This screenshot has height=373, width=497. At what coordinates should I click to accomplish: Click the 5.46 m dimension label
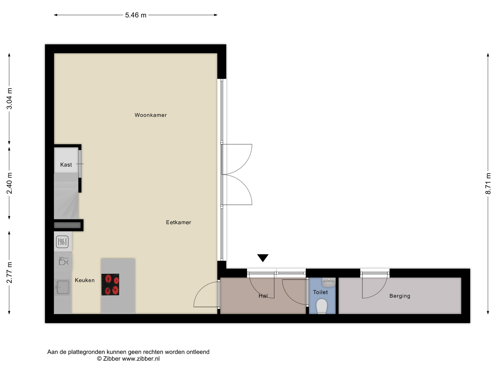coord(136,15)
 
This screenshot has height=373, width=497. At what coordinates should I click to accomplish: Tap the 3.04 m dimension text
coord(10,99)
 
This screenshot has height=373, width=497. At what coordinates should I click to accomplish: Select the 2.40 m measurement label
coord(10,183)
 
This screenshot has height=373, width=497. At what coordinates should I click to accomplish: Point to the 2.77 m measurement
coord(10,272)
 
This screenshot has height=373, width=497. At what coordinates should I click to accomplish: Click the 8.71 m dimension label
coord(488,183)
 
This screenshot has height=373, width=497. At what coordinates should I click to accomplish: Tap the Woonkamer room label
coord(151,115)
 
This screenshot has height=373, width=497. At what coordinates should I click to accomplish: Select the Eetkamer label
coord(179,222)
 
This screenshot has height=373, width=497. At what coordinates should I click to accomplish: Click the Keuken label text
coord(85,280)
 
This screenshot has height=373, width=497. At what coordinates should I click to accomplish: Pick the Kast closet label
coord(66,165)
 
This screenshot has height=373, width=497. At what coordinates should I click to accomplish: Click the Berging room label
coord(400,296)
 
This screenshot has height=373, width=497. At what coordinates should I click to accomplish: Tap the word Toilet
coord(320,292)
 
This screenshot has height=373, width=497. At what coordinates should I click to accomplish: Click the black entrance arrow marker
coord(263,258)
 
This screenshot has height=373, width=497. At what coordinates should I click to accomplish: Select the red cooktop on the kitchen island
coord(110,284)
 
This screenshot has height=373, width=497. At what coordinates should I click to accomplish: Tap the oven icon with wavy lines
coord(62,242)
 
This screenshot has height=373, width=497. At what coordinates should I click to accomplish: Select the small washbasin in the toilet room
coord(329,282)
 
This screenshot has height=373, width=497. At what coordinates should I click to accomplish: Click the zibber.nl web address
coord(141,359)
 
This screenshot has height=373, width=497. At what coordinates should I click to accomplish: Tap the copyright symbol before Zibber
coord(99,359)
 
